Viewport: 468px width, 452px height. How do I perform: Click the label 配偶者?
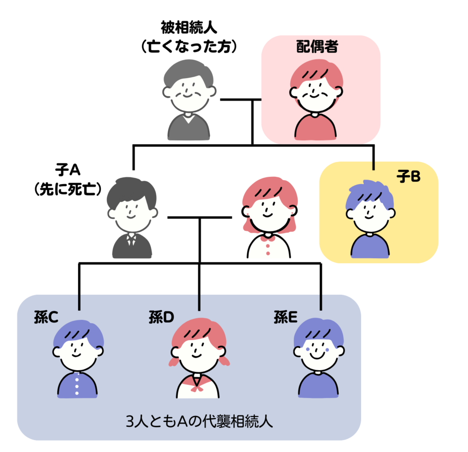click(317, 47)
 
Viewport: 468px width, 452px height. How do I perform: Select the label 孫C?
click(46, 317)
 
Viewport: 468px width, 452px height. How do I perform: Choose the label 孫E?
click(286, 317)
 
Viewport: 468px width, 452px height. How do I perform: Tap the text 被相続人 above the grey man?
click(189, 27)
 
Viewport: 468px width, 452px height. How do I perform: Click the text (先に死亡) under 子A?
click(68, 189)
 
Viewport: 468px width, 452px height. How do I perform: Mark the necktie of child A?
click(132, 240)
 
